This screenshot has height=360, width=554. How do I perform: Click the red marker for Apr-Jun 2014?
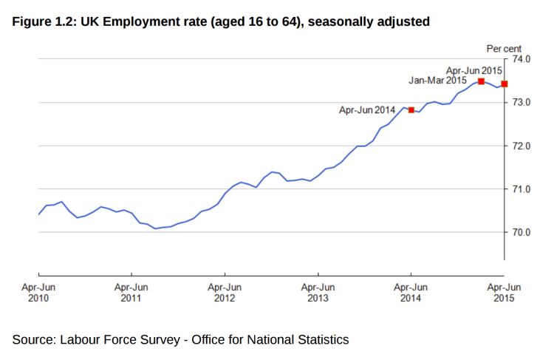tap(411, 110)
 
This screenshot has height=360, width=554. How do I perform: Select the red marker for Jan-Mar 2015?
tap(481, 81)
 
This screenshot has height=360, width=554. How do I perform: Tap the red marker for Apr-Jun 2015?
tap(505, 84)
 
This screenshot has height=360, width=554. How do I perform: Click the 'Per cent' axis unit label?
tap(504, 48)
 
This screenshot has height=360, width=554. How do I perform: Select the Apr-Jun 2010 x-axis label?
tap(38, 293)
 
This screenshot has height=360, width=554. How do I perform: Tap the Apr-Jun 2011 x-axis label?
tap(131, 293)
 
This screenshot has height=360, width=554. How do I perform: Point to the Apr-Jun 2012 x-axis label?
tap(225, 293)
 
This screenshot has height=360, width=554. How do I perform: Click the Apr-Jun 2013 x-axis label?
tap(318, 293)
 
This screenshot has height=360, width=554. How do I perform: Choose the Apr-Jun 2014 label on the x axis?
tap(411, 293)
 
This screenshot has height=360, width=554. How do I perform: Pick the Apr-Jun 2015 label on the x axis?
tap(504, 293)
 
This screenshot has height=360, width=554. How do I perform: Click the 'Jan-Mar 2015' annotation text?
tap(437, 81)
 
